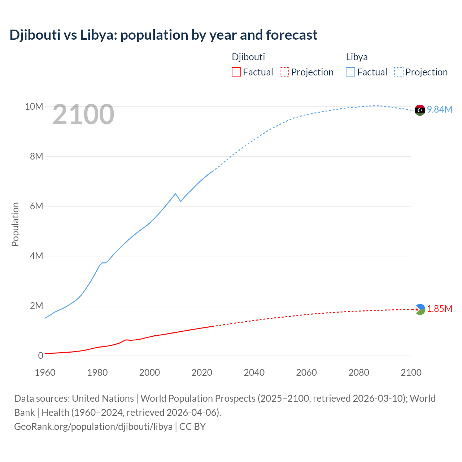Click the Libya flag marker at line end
tap(420, 110)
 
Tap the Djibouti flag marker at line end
tap(420, 309)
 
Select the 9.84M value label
tap(440, 109)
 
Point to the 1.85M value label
tap(440, 309)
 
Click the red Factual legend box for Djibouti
tap(236, 72)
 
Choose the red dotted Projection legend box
tap(284, 72)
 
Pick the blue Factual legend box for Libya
tap(350, 72)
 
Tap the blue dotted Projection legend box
tap(398, 72)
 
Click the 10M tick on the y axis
tap(34, 106)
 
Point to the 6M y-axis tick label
tap(36, 206)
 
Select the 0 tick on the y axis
tap(40, 356)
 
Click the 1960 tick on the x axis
tap(45, 372)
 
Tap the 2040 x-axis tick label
tap(254, 372)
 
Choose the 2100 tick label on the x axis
tap(411, 372)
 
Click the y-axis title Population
tap(15, 224)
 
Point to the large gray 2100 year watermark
tap(83, 114)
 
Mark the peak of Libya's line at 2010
tap(175, 193)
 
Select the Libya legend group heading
tap(357, 57)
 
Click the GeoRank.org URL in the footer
tap(93, 426)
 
